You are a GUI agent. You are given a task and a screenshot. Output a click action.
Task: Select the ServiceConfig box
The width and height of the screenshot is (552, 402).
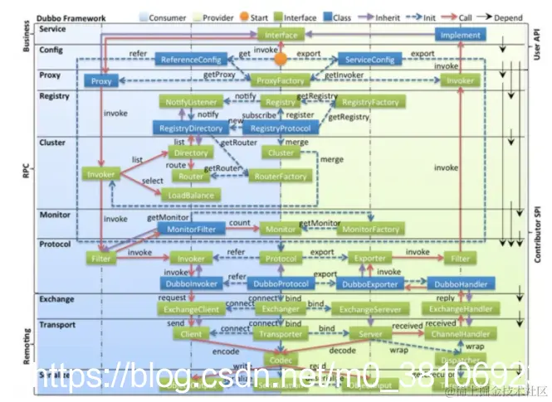point(370,59)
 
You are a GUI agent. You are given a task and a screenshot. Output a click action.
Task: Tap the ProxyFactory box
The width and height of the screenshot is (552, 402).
point(281,80)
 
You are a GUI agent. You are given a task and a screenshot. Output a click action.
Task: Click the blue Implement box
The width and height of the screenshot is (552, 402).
point(460,35)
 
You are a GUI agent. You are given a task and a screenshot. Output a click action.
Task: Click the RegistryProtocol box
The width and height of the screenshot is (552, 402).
point(281,128)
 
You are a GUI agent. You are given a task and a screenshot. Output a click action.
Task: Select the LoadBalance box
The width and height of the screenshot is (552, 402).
point(193,196)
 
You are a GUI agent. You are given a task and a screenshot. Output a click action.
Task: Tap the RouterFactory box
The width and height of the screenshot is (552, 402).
point(281,176)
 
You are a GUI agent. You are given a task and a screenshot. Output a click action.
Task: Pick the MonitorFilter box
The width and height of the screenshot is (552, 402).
point(192,228)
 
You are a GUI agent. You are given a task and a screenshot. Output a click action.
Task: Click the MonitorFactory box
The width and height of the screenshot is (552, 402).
point(370,228)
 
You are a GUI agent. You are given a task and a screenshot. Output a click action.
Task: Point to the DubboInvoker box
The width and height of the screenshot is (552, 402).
point(192,283)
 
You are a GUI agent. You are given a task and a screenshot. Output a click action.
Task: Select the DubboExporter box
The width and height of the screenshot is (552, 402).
point(370,283)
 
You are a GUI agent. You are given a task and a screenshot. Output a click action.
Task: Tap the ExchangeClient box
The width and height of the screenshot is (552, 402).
point(192,309)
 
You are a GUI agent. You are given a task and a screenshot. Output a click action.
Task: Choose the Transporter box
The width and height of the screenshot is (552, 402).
point(281,334)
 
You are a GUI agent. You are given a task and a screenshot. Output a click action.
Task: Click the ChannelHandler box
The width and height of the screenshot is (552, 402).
point(460,334)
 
